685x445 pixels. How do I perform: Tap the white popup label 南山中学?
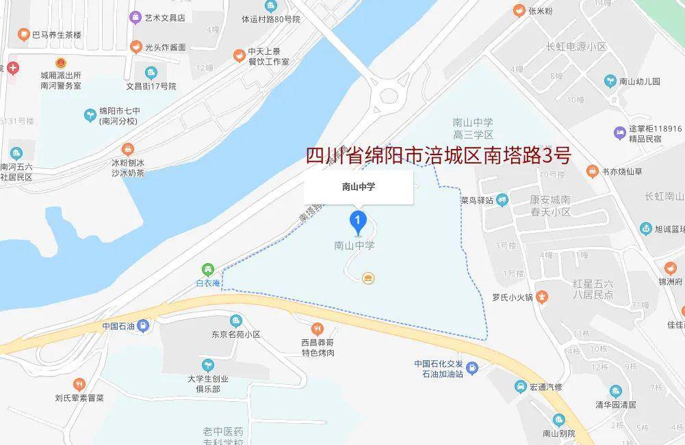tap(359, 186)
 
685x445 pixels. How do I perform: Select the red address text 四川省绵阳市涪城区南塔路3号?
tap(437, 156)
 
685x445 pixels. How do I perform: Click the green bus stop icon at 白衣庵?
tap(207, 270)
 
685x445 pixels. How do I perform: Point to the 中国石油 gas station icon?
tap(142, 325)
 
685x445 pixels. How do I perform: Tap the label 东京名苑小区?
tap(235, 334)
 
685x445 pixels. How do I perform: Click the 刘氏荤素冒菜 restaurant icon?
tap(79, 384)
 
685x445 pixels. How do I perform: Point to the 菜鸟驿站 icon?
tap(503, 200)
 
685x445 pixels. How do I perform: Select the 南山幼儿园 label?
tap(639, 81)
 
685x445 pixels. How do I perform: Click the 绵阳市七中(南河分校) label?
tap(120, 116)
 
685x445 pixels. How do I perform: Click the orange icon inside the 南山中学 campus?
tap(368, 277)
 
